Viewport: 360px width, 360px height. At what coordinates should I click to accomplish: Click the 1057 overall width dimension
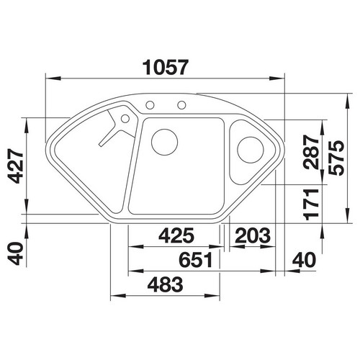pyautogui.click(x=165, y=68)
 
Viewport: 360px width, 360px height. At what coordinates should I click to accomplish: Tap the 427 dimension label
pyautogui.click(x=15, y=166)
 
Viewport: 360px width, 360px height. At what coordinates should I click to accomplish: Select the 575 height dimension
pyautogui.click(x=336, y=158)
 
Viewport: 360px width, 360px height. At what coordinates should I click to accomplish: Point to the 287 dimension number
pyautogui.click(x=311, y=152)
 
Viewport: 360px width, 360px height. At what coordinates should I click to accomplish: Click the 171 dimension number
pyautogui.click(x=311, y=204)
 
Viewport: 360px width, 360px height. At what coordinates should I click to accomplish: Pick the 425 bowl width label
pyautogui.click(x=176, y=235)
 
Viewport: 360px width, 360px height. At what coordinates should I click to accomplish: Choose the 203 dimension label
pyautogui.click(x=253, y=235)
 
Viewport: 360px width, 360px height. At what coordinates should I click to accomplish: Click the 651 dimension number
pyautogui.click(x=196, y=260)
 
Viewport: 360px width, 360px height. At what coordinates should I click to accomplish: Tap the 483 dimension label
pyautogui.click(x=165, y=284)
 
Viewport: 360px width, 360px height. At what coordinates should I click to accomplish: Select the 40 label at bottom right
pyautogui.click(x=304, y=260)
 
